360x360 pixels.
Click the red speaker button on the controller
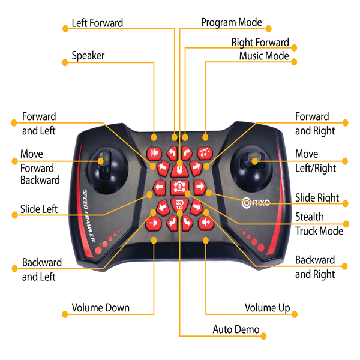point(155,152)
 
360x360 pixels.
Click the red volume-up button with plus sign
point(206,223)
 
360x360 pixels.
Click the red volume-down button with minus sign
point(154,223)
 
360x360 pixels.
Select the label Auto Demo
point(236,329)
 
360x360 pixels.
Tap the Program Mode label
point(232,23)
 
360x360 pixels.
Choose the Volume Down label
point(100,308)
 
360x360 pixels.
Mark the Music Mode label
point(264,56)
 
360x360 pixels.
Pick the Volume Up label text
point(267,308)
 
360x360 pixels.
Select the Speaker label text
point(88,56)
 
